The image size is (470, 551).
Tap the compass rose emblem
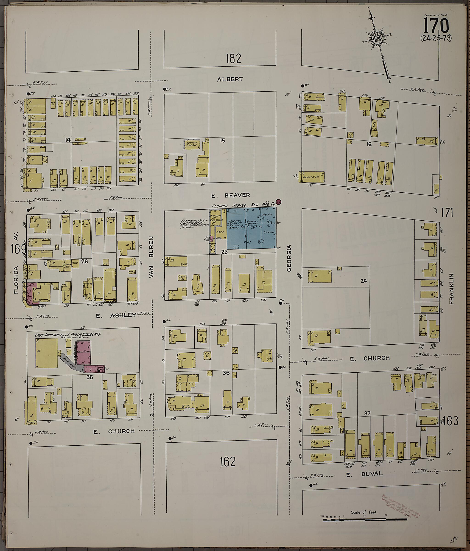click(377, 39)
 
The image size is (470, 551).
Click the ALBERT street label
click(230, 79)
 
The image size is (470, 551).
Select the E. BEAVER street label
click(230, 195)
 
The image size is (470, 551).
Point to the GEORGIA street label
click(289, 258)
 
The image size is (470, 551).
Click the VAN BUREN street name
click(151, 257)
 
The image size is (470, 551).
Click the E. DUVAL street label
click(364, 474)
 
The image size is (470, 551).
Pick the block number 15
click(223, 141)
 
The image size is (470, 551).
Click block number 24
click(363, 281)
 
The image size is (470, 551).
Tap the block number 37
click(367, 413)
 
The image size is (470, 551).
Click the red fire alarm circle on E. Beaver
click(279, 202)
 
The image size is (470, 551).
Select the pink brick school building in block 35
click(84, 352)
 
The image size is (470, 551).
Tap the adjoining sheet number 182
click(233, 59)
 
